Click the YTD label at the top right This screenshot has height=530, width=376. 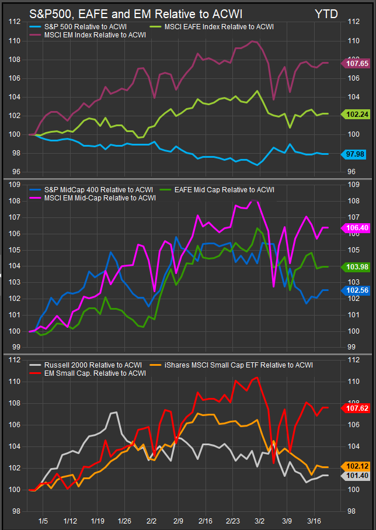[326, 13]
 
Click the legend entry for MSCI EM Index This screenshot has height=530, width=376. [95, 35]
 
